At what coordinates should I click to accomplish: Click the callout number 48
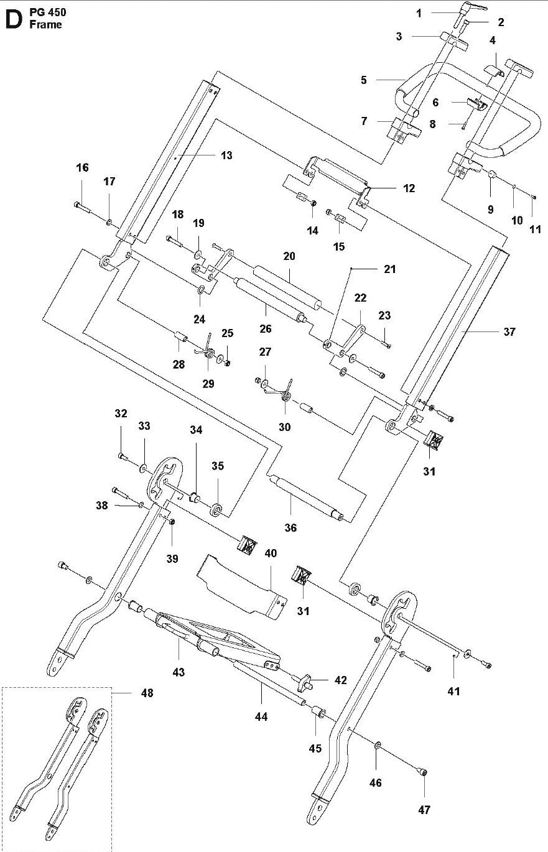tap(147, 693)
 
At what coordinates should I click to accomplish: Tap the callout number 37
tap(509, 332)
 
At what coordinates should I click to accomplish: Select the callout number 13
tap(226, 155)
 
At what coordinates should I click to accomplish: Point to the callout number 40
tap(271, 553)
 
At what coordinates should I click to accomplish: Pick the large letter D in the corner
tap(12, 20)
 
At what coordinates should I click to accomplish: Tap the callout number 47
tap(424, 810)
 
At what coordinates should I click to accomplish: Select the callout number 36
tap(290, 527)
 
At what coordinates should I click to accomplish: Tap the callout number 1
tap(436, 12)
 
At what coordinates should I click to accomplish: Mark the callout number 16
tap(83, 168)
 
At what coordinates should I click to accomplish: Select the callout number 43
tap(179, 672)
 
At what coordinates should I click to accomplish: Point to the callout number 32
tap(121, 413)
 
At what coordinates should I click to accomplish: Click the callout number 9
tap(491, 210)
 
